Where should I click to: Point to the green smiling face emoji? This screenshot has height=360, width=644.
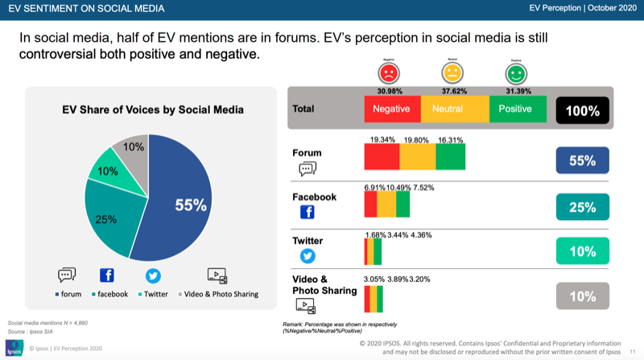pyautogui.click(x=515, y=73)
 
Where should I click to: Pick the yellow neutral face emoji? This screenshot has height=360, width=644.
pyautogui.click(x=452, y=72)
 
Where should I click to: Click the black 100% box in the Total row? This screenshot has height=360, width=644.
pyautogui.click(x=582, y=110)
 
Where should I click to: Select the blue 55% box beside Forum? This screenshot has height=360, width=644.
pyautogui.click(x=582, y=160)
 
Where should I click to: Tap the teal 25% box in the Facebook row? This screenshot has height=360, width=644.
pyautogui.click(x=582, y=207)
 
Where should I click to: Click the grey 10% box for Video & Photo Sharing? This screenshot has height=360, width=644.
pyautogui.click(x=582, y=296)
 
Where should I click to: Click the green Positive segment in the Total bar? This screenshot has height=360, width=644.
pyautogui.click(x=516, y=109)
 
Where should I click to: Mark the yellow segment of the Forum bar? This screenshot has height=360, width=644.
pyautogui.click(x=418, y=157)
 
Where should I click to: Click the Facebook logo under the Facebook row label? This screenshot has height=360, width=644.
pyautogui.click(x=307, y=213)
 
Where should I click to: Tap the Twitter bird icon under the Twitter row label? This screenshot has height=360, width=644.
pyautogui.click(x=307, y=256)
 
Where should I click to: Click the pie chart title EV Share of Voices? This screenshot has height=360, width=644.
pyautogui.click(x=153, y=110)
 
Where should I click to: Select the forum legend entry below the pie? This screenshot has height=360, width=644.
pyautogui.click(x=74, y=294)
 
